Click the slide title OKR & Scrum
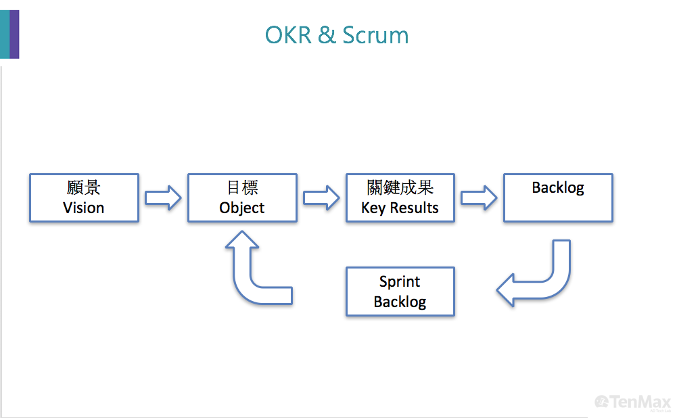tap(337, 35)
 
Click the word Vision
tap(84, 208)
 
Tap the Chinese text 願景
tap(84, 187)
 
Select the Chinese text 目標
tap(241, 187)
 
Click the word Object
tap(241, 208)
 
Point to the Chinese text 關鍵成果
tap(400, 187)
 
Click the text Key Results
tap(400, 208)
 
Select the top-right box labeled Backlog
tap(558, 198)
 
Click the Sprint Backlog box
tap(400, 292)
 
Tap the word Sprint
tap(400, 281)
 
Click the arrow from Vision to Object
tap(163, 198)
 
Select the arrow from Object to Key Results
tap(321, 198)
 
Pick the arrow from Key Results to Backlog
tap(479, 198)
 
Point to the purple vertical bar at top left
tap(14, 34)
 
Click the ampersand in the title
tap(327, 35)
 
